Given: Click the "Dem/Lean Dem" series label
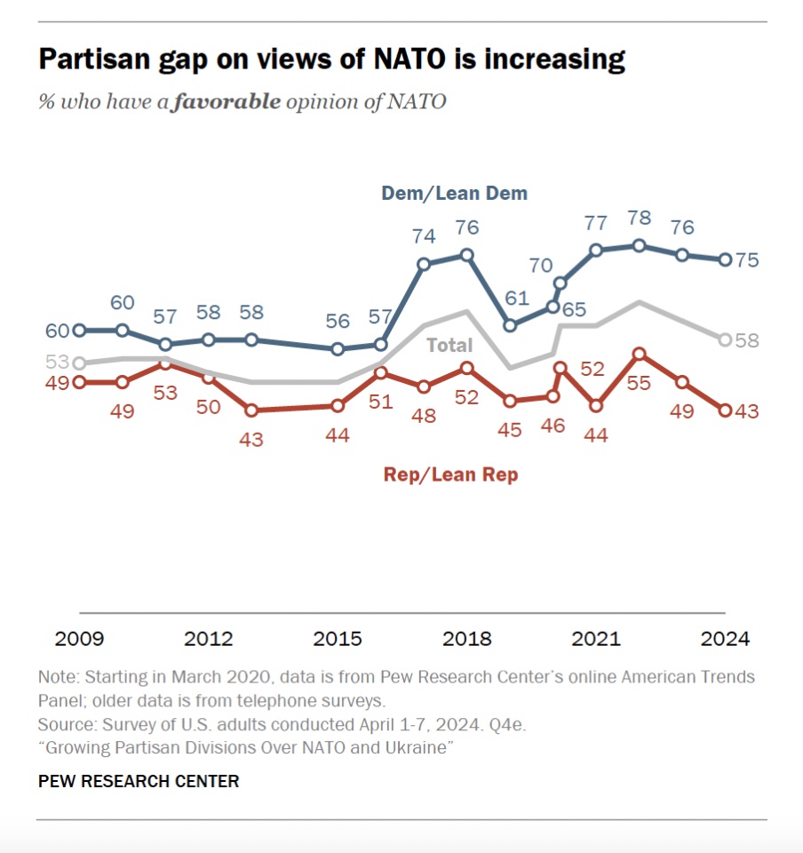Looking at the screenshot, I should coord(454,193).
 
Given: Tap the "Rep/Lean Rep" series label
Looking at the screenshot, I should coord(450,474).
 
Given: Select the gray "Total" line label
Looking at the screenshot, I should coord(449,345).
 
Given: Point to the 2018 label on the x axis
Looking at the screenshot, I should coord(466,639).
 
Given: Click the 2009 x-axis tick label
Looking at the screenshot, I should coord(79,639).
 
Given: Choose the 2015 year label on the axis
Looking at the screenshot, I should coord(338,639).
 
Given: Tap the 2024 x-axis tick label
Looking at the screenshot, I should coord(725,639).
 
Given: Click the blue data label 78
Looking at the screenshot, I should coord(639,218).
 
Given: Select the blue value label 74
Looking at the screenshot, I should coord(424,236).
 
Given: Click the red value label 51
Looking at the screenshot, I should coord(381,401).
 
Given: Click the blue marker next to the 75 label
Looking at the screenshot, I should coord(725,259).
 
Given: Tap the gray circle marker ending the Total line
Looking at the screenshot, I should coord(725,339).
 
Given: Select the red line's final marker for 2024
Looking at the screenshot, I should coord(725,411).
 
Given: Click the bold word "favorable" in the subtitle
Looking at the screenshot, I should coord(227,101).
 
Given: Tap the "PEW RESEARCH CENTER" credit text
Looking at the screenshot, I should coord(139,782).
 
